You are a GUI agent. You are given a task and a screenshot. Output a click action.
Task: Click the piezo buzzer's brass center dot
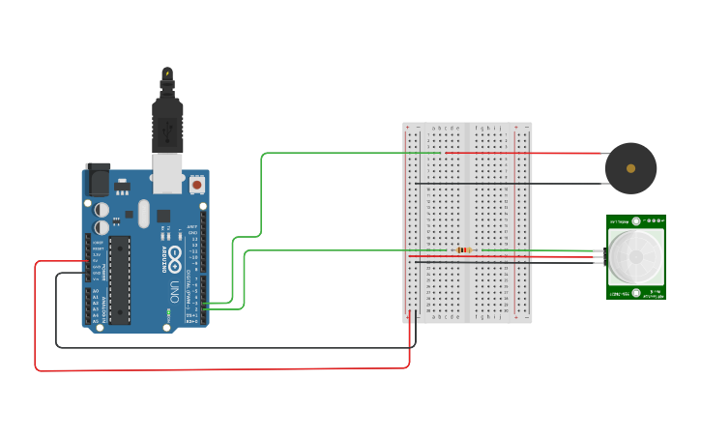pyautogui.click(x=630, y=168)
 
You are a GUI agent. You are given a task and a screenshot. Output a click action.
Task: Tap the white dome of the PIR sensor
pyautogui.click(x=636, y=255)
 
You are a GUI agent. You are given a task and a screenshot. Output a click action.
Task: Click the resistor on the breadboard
pyautogui.click(x=465, y=250)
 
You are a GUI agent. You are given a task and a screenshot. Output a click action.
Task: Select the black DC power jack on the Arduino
pyautogui.click(x=99, y=181)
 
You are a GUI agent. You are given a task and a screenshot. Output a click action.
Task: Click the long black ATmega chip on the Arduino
pyautogui.click(x=119, y=276)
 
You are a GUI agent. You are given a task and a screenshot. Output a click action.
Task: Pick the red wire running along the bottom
pyautogui.click(x=222, y=369)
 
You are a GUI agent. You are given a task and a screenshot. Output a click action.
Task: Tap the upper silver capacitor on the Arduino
pyautogui.click(x=102, y=208)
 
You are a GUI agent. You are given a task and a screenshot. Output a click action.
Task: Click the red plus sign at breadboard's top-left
pyautogui.click(x=408, y=128)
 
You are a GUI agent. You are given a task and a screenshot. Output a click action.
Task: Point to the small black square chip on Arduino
pyautogui.click(x=163, y=216)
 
